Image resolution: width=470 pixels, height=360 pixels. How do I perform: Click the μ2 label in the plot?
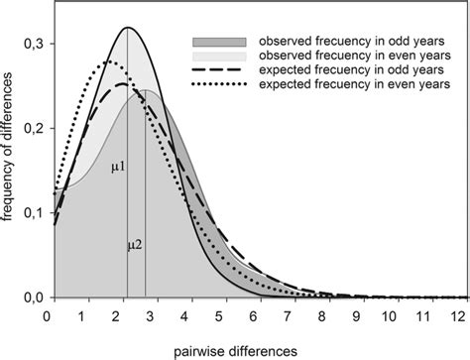tap(135, 243)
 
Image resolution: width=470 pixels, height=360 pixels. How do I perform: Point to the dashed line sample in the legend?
tap(219, 72)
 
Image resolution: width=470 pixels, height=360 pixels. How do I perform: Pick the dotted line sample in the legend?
tap(219, 88)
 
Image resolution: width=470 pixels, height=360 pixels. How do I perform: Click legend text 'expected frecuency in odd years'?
tap(335, 72)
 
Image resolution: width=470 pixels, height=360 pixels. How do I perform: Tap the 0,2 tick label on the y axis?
tap(33, 127)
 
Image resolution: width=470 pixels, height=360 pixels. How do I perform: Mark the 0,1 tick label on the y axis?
tap(33, 212)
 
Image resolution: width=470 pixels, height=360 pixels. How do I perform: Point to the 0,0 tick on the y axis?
tap(33, 298)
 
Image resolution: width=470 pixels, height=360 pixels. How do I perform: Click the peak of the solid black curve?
tap(128, 28)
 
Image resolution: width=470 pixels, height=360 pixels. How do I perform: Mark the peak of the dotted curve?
tap(110, 62)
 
